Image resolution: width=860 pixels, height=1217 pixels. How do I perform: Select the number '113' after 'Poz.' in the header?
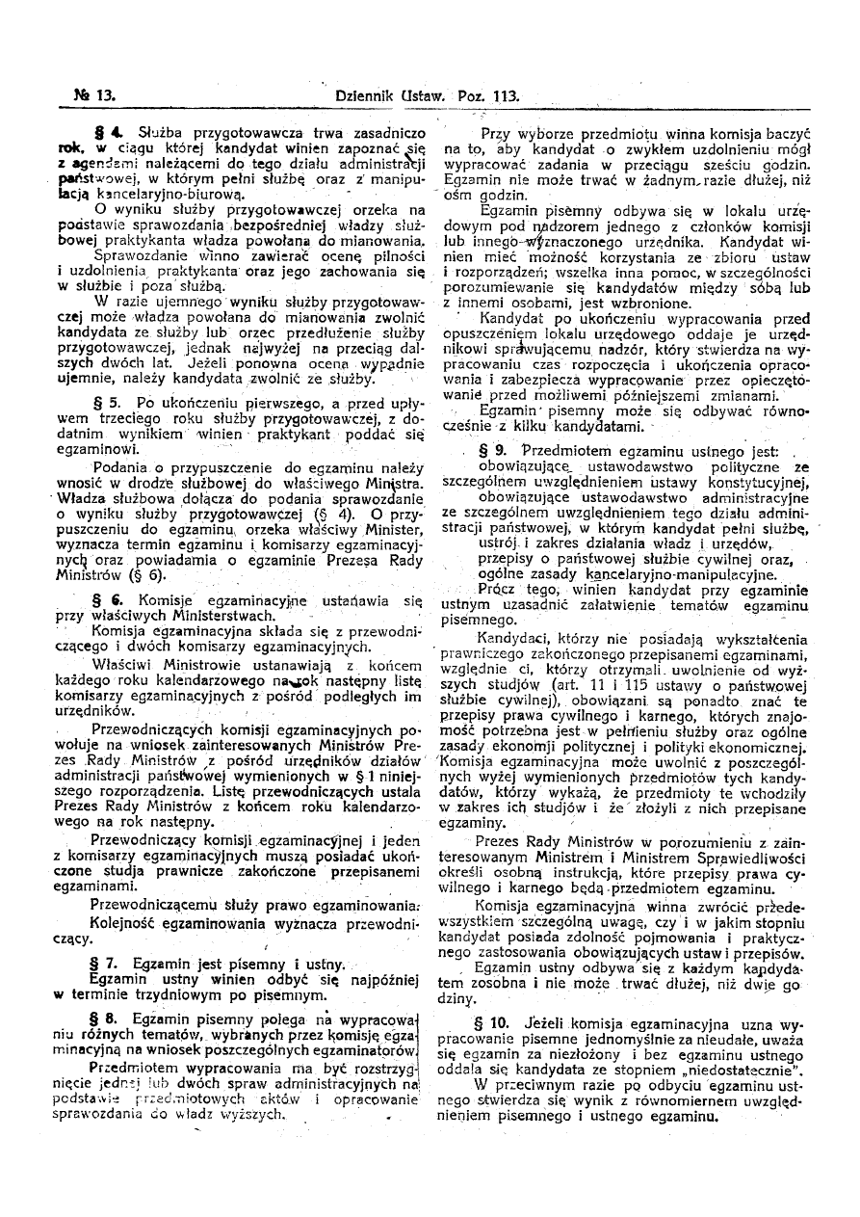[x=504, y=96]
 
